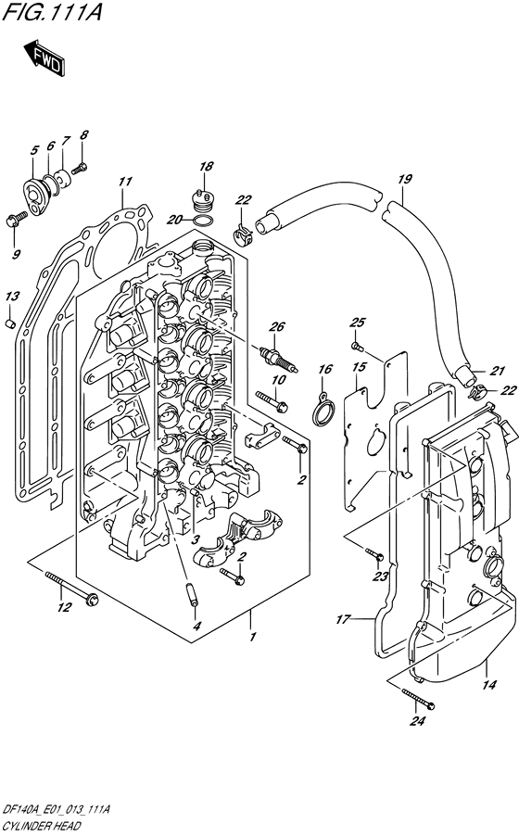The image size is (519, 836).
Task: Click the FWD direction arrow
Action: pyautogui.click(x=44, y=57)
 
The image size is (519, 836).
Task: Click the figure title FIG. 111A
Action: pyautogui.click(x=52, y=12)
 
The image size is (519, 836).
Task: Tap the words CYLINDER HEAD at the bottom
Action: pyautogui.click(x=41, y=827)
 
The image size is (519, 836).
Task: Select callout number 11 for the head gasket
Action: pyautogui.click(x=125, y=182)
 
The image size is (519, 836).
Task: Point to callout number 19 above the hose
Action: pyautogui.click(x=405, y=179)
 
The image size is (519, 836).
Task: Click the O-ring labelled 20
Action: pyautogui.click(x=204, y=222)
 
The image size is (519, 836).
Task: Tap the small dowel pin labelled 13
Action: pyautogui.click(x=10, y=323)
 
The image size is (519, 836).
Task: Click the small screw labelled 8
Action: pyautogui.click(x=80, y=169)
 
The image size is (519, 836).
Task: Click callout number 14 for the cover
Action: pyautogui.click(x=488, y=685)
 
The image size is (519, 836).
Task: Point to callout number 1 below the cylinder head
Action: pyautogui.click(x=253, y=637)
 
